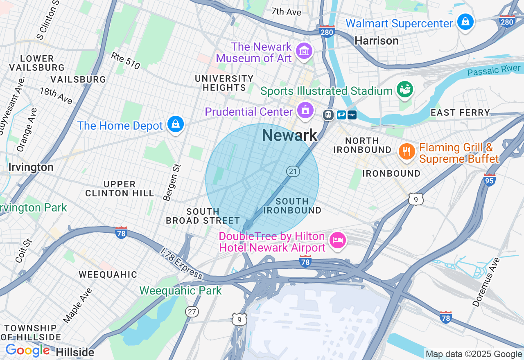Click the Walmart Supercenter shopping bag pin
click(465, 22)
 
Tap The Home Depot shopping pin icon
click(176, 124)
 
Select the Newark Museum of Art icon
click(305, 51)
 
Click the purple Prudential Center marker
click(305, 110)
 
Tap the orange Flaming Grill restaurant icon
click(407, 152)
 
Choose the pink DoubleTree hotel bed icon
click(337, 241)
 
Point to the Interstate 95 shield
click(490, 179)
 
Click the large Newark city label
click(289, 135)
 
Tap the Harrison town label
click(376, 40)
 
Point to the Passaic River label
click(494, 70)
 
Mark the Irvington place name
click(31, 167)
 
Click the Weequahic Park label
click(180, 291)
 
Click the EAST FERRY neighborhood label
click(460, 112)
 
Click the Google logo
click(27, 351)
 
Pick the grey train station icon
click(328, 115)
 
